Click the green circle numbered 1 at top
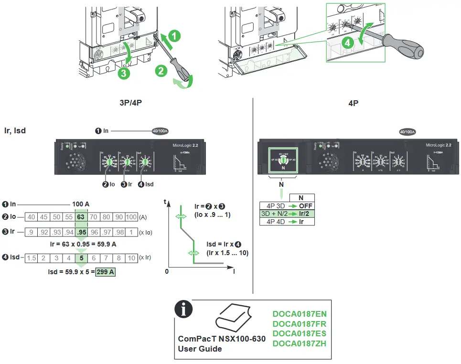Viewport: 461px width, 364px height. [175, 35]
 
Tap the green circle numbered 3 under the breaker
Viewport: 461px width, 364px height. [123, 73]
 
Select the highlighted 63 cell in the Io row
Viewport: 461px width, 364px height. [81, 217]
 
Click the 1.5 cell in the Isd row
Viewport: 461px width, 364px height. [32, 258]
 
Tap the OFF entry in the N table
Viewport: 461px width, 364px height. [306, 206]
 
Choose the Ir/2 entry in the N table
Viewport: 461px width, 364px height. [305, 214]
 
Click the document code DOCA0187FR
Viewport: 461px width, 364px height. [300, 323]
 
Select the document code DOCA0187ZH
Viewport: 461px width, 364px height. [300, 343]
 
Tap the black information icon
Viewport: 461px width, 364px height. [183, 309]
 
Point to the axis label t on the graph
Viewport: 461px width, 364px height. [165, 202]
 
